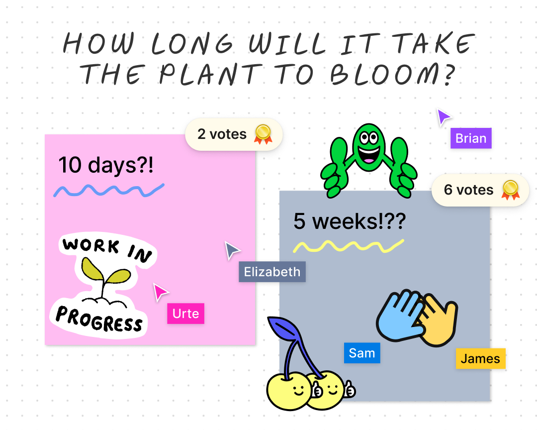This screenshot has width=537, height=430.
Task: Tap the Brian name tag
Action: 471,138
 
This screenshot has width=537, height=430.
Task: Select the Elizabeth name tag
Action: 272,272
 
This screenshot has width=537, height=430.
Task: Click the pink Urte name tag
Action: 185,314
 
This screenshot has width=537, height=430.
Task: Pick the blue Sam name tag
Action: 362,353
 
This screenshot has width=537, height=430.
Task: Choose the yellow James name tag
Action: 480,359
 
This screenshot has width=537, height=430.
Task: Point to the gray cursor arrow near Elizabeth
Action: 231,250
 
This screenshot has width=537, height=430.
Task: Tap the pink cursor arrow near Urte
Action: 160,292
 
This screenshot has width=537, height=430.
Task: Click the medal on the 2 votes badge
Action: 263,133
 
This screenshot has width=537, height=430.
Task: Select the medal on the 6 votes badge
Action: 510,189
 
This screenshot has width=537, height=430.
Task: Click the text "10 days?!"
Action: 106,165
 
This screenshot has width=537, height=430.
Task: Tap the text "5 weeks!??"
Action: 349,221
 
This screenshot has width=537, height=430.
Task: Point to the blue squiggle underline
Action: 108,190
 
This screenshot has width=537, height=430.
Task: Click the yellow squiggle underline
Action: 348,245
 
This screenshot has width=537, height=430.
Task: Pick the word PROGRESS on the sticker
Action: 99,319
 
